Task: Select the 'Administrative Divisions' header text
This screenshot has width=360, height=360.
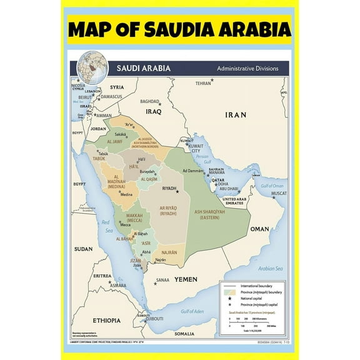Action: click(x=248, y=67)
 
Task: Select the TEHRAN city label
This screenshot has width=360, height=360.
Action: click(x=202, y=82)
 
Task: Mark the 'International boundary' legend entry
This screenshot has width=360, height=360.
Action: click(x=254, y=284)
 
